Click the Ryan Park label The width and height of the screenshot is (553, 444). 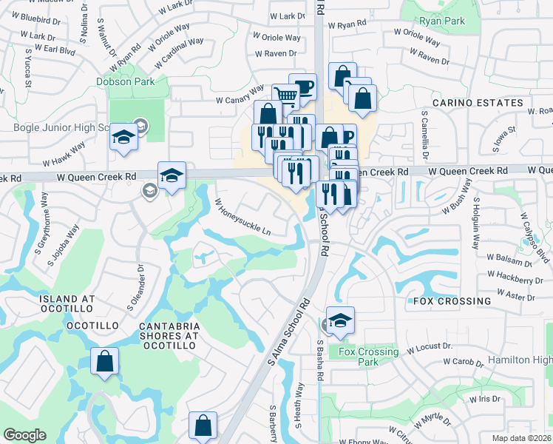click(x=441, y=21)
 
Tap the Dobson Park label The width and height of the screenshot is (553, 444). click(x=125, y=81)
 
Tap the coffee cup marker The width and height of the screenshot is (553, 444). click(x=302, y=87)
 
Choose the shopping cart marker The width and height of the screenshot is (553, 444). click(x=286, y=95)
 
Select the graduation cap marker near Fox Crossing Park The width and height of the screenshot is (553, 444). click(x=340, y=320)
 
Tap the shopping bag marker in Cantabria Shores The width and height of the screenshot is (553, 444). click(x=105, y=361)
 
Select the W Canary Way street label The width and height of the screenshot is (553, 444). click(x=240, y=95)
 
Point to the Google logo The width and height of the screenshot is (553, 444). click(x=24, y=435)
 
